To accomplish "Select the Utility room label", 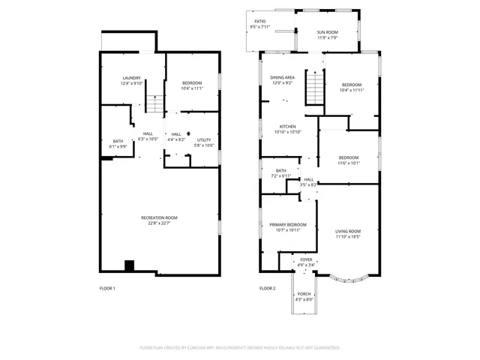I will (x=204, y=140).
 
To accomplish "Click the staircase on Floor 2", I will (x=317, y=90).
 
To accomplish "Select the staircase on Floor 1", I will (x=154, y=104).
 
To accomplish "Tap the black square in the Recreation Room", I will (x=129, y=265).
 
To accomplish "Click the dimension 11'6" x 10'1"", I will (x=349, y=163).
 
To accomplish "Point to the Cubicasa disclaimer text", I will (x=240, y=348).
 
